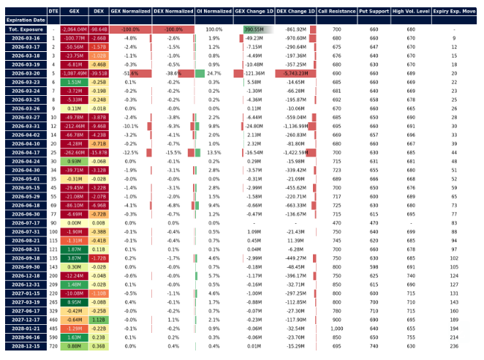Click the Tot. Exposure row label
click(x=25, y=29)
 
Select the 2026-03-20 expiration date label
click(x=25, y=74)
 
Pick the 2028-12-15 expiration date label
click(x=25, y=346)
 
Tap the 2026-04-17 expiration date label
click(x=25, y=151)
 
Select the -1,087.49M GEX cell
click(x=75, y=74)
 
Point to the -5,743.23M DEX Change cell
click(x=295, y=74)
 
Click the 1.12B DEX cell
click(x=99, y=318)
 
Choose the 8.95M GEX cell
click(x=75, y=301)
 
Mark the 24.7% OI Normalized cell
click(x=214, y=74)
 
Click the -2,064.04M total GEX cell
click(x=75, y=29)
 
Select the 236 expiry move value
click(x=454, y=346)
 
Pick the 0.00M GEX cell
click(x=75, y=222)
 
